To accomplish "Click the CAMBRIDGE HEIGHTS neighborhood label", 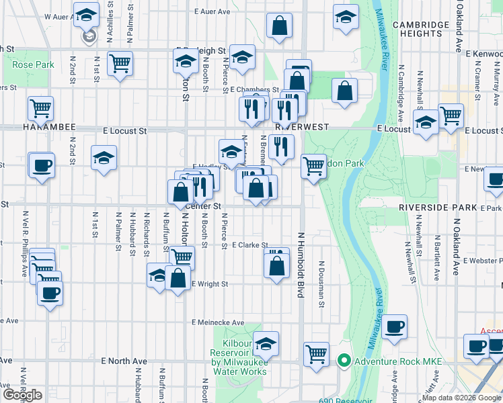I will pyautogui.click(x=421, y=29).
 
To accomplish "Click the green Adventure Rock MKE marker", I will pyautogui.click(x=344, y=361).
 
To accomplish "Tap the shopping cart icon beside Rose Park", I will pyautogui.click(x=120, y=64).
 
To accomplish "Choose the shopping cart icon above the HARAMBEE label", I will pyautogui.click(x=40, y=107).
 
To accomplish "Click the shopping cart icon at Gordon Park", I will pyautogui.click(x=313, y=165).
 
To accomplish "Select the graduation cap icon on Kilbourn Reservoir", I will pyautogui.click(x=266, y=344).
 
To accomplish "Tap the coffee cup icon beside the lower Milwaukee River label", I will pyautogui.click(x=395, y=327).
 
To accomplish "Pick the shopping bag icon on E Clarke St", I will pyautogui.click(x=276, y=263).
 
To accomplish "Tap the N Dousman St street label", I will pyautogui.click(x=322, y=285).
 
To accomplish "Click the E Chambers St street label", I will pyautogui.click(x=254, y=89).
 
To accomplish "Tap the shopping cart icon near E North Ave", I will pyautogui.click(x=316, y=353).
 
